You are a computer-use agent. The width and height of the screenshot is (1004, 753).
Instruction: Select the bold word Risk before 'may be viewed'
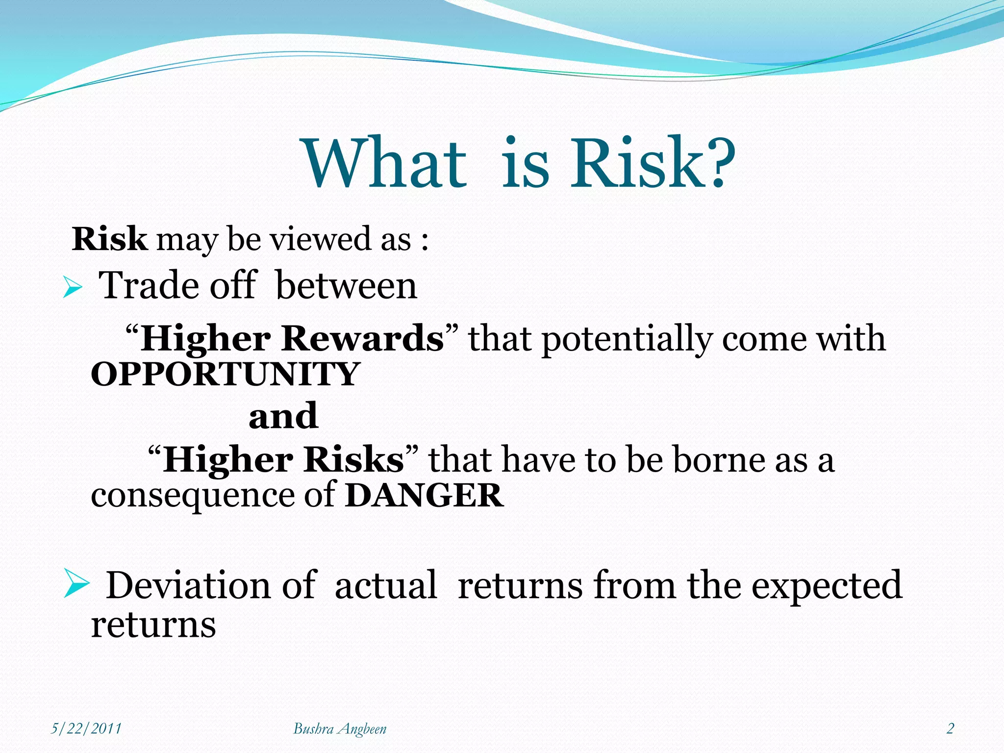coord(109,240)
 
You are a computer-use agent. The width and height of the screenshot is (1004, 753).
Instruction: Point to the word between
coord(346,286)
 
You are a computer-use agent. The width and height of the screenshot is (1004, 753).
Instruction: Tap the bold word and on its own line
coord(283,416)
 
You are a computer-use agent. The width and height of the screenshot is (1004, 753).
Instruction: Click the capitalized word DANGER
coord(424,496)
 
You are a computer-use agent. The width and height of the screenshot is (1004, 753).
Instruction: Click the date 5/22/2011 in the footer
coord(86,728)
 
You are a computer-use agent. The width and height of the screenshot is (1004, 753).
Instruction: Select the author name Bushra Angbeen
coord(340,729)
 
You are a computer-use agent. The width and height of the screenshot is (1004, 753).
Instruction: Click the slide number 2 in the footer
coord(950,728)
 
